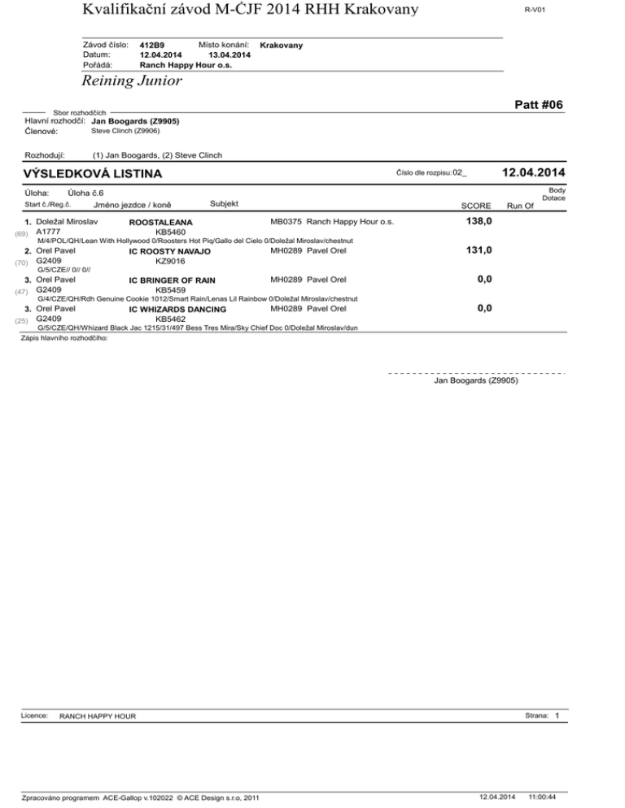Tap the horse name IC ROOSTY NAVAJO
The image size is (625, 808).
pos(169,251)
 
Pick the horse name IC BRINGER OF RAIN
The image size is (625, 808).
pos(172,280)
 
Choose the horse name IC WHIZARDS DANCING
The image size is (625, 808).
pos(177,310)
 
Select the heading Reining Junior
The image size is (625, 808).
pos(131,81)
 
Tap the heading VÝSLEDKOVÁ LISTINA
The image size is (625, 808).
pos(92,174)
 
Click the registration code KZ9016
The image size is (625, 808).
pos(170,262)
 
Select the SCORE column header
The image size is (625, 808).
pos(475,206)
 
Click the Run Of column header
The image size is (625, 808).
pos(519,206)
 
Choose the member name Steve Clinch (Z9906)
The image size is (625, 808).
pos(125,130)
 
